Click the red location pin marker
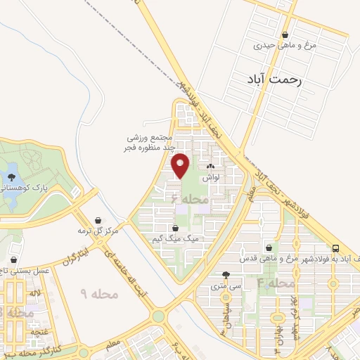[181, 165]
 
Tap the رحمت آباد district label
[274, 81]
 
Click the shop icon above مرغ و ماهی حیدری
[285, 34]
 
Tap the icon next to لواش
[210, 167]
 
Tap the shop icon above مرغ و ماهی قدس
[269, 247]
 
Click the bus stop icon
[336, 248]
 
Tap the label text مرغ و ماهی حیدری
[285, 46]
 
